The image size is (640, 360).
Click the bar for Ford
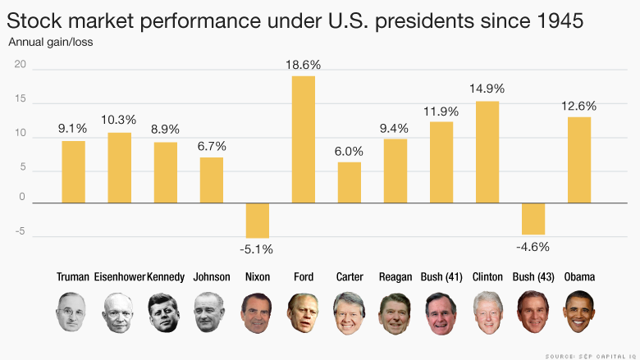pyautogui.click(x=304, y=139)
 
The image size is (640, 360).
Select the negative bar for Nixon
pyautogui.click(x=258, y=221)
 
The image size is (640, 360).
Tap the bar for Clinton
pyautogui.click(x=487, y=152)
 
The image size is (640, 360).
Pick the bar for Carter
pyautogui.click(x=350, y=182)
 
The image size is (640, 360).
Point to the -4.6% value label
pyautogui.click(x=533, y=247)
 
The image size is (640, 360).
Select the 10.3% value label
pyautogui.click(x=120, y=121)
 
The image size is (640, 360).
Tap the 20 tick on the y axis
pyautogui.click(x=21, y=70)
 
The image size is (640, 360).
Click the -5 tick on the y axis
pyautogui.click(x=21, y=232)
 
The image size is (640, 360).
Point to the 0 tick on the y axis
pyautogui.click(x=23, y=197)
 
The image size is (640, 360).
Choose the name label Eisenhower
pyautogui.click(x=120, y=277)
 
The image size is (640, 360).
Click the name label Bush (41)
pyautogui.click(x=441, y=277)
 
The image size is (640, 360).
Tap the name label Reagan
pyautogui.click(x=395, y=277)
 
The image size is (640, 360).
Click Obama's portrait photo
pyautogui.click(x=579, y=313)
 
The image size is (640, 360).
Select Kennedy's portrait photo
pyautogui.click(x=166, y=313)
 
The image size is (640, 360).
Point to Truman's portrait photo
pyautogui.click(x=74, y=313)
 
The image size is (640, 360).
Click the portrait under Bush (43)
pyautogui.click(x=533, y=313)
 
